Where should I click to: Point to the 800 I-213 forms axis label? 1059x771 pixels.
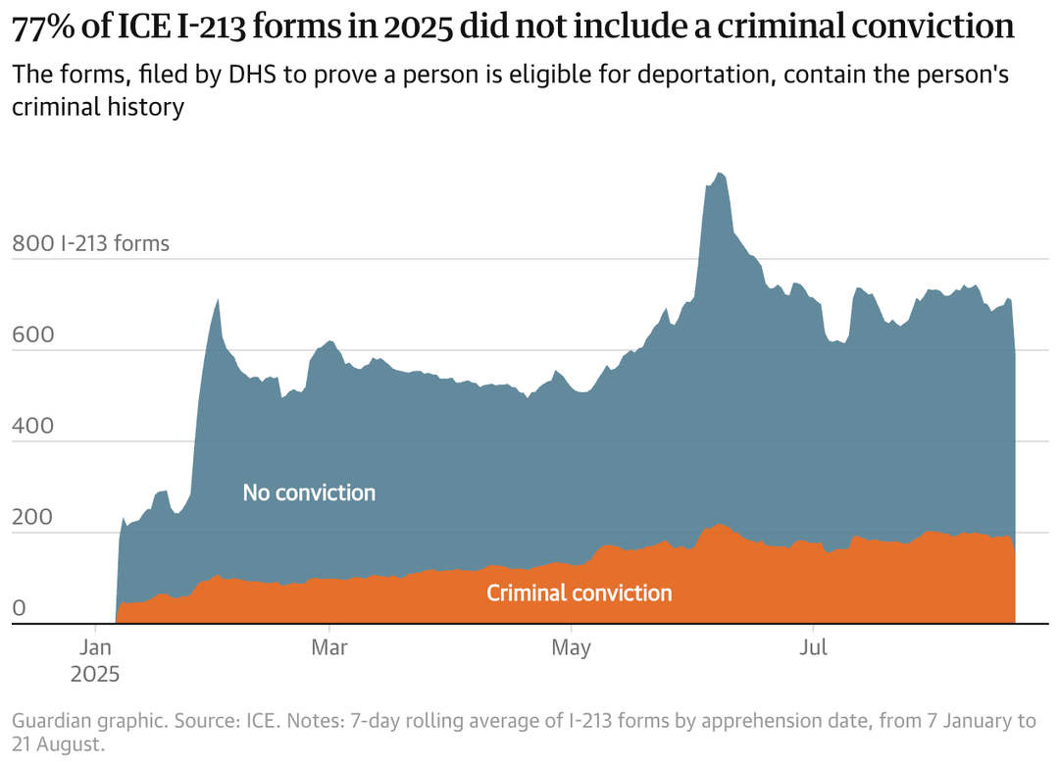(90, 243)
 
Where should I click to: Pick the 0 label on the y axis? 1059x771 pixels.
(18, 608)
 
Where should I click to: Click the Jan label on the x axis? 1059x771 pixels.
(95, 648)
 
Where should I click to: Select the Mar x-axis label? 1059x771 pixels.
(329, 648)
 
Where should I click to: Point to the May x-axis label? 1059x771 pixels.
(572, 648)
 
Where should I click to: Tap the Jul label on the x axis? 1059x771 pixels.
(813, 648)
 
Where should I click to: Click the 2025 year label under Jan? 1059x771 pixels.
(95, 674)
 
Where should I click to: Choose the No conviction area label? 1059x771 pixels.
(309, 492)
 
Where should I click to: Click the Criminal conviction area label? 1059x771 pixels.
(580, 592)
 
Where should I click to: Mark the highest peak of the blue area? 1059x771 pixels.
(720, 174)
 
